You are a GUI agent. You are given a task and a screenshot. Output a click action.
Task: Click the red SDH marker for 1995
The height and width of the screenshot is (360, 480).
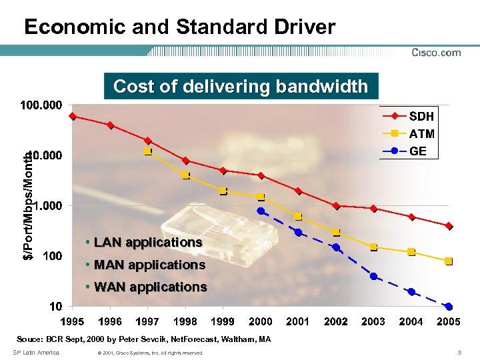[73, 116]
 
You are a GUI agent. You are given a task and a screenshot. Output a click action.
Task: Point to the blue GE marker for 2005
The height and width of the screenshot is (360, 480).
[449, 307]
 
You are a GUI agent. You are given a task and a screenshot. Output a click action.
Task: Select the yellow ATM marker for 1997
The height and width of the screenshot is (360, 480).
[147, 151]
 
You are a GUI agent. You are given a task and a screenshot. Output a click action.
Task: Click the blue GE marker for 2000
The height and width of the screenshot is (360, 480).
[261, 211]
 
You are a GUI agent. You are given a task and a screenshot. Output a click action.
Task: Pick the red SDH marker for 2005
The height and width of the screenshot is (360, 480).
[449, 226]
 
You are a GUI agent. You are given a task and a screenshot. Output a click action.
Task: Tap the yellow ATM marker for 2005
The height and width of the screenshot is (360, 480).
[449, 261]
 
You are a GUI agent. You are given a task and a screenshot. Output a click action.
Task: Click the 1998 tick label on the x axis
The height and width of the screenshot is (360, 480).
[185, 321]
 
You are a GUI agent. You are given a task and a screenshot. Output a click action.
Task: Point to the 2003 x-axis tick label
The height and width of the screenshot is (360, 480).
[373, 321]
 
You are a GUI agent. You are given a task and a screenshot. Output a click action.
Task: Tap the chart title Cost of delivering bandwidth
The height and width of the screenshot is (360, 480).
[240, 86]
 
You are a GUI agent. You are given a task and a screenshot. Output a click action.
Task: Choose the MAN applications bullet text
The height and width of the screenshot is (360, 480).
[149, 265]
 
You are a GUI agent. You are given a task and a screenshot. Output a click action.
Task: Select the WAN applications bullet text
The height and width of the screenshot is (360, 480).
[150, 287]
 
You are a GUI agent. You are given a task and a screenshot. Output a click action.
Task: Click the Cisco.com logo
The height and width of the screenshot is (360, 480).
[436, 53]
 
